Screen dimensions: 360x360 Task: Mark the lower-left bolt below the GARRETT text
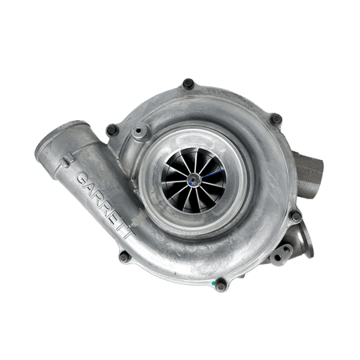click(x=125, y=258)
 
